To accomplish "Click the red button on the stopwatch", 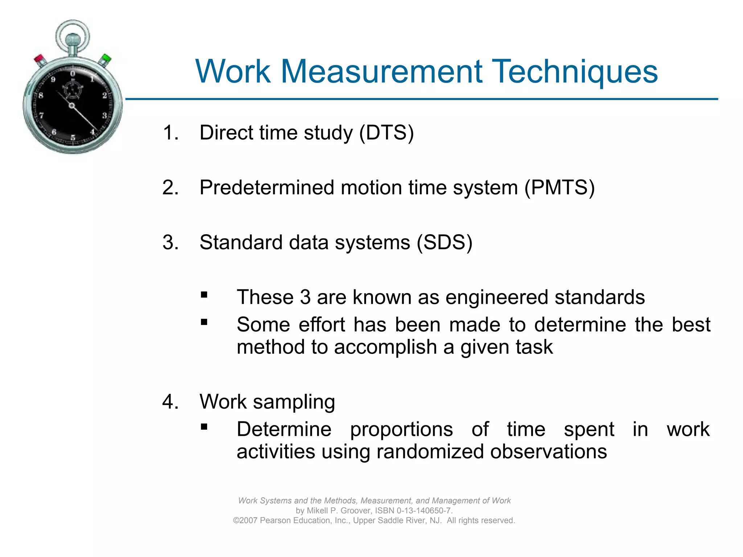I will (39, 59).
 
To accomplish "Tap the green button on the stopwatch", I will (106, 58).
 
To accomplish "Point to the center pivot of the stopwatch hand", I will (72, 106).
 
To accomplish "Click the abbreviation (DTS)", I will (386, 133).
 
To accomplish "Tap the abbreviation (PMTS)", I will (559, 188).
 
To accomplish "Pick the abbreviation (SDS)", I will (444, 243).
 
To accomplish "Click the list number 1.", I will (170, 133).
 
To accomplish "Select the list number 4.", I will (170, 402).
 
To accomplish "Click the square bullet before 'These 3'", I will (204, 295).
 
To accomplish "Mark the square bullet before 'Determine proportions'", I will (204, 427).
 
